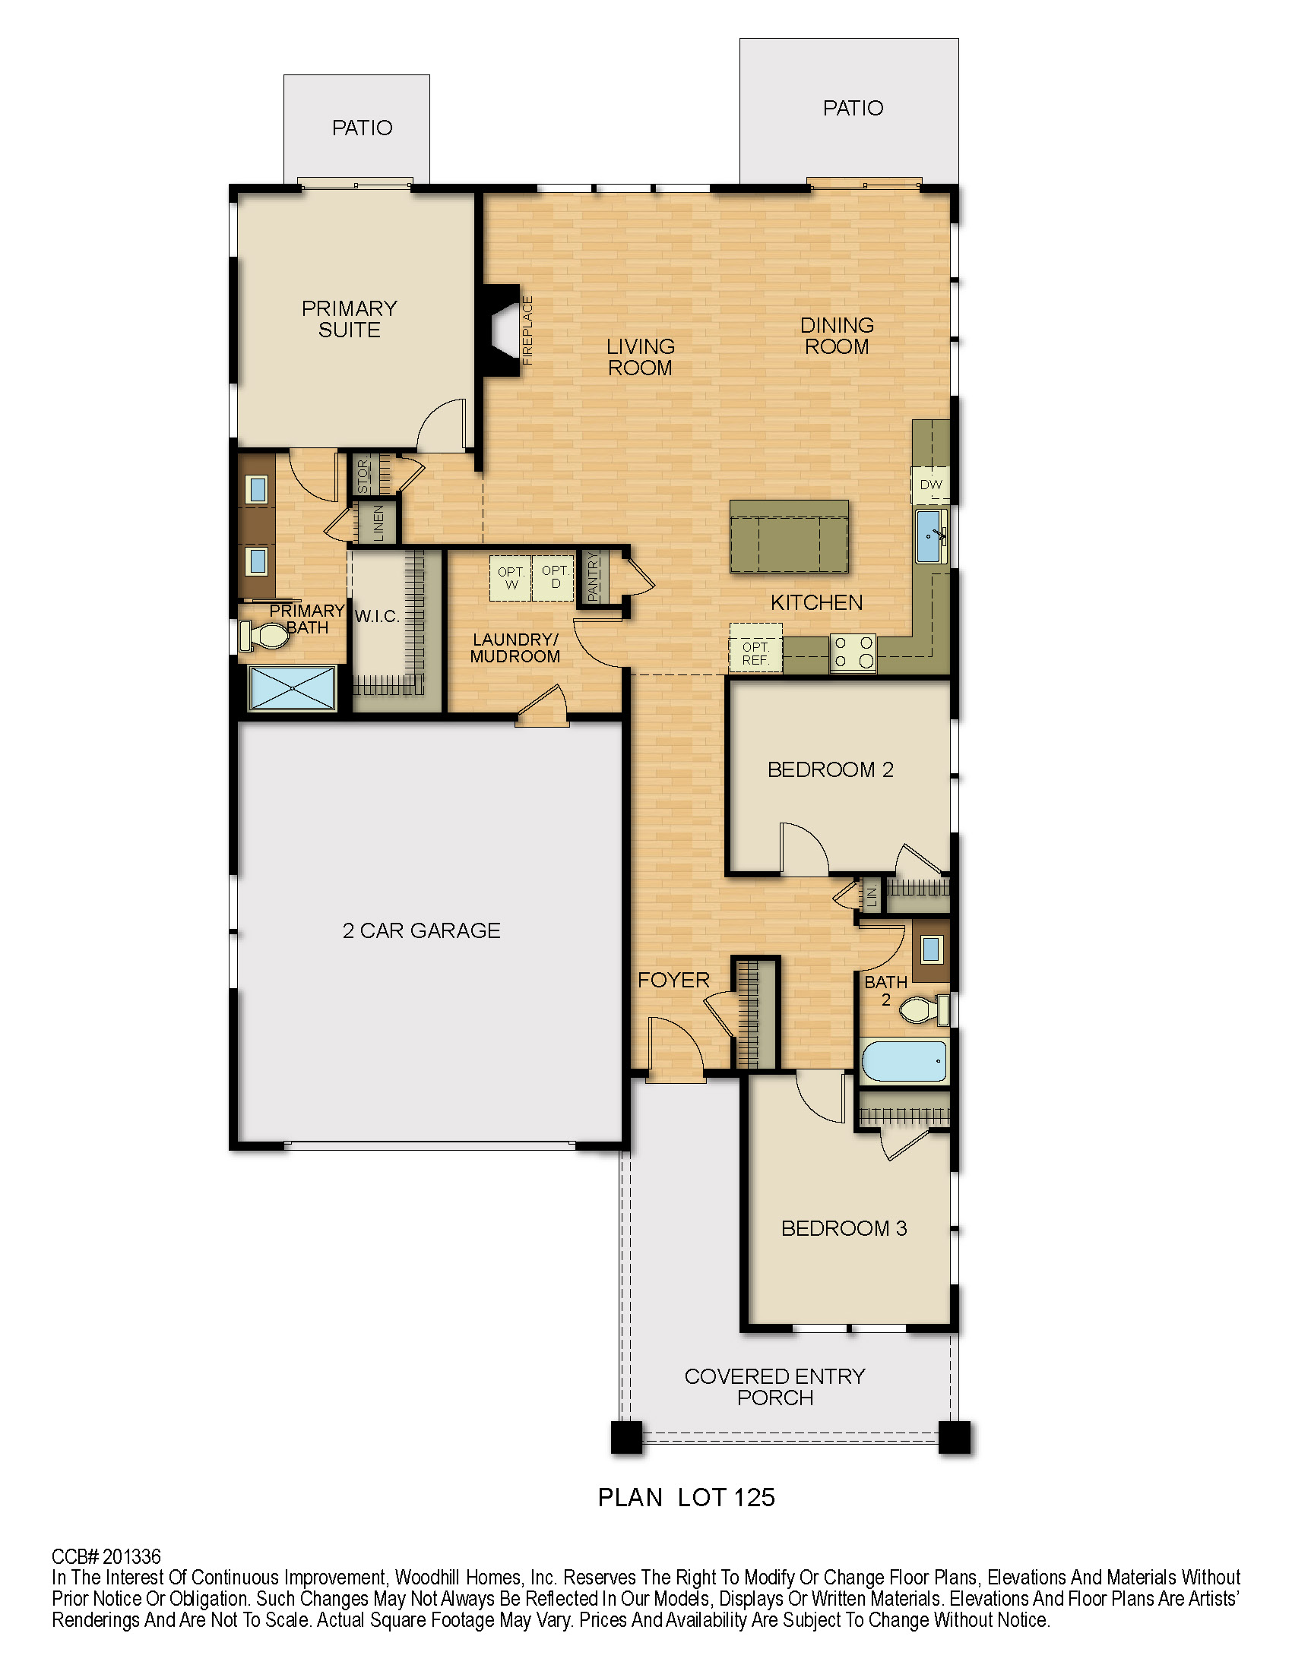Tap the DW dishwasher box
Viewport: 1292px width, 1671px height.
coord(931,485)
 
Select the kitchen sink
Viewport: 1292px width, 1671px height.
coord(932,535)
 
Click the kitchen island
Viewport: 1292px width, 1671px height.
coord(789,536)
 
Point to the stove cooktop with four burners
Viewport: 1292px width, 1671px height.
coord(853,652)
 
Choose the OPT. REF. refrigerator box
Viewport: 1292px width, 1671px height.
coord(755,647)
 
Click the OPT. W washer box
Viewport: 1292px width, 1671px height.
coord(511,578)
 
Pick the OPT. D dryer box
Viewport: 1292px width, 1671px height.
coord(553,578)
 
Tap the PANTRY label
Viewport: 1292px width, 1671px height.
coord(594,577)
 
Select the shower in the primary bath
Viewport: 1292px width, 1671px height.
coord(293,689)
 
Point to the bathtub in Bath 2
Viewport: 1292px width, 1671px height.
coord(904,1060)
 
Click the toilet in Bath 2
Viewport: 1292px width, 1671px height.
coord(925,1010)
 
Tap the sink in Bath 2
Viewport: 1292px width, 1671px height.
coord(931,949)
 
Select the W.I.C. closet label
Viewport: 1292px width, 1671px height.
coord(378,616)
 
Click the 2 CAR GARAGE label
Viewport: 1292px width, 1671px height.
coord(422,930)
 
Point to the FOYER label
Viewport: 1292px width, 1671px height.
coord(673,980)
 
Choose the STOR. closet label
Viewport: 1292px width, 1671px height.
coord(363,476)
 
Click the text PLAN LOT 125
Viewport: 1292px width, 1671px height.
coord(686,1497)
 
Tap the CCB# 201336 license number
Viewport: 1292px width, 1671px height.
coord(106,1556)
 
